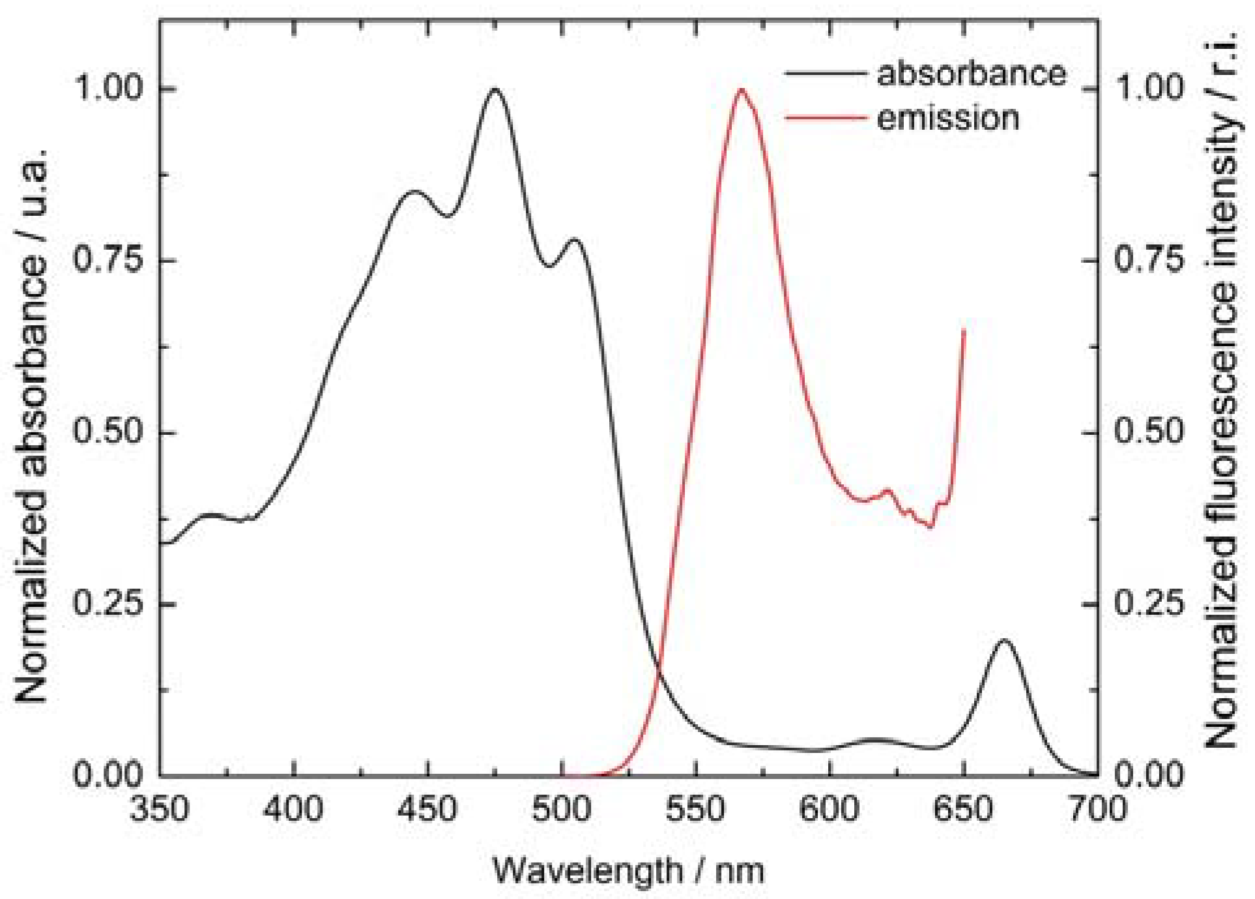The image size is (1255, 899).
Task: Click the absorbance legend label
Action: coord(971,74)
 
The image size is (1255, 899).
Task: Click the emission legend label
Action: coord(947,119)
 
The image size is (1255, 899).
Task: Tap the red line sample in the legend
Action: coord(826,118)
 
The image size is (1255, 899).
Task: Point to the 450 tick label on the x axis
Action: coord(427,810)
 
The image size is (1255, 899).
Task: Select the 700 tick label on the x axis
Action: coord(1097,810)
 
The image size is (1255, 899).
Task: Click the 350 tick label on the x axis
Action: coord(160,810)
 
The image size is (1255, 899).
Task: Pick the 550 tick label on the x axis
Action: coord(696,810)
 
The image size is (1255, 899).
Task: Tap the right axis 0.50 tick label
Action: coord(1148,432)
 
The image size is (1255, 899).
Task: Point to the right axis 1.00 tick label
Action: coord(1148,87)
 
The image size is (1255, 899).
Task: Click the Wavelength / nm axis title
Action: coord(628,870)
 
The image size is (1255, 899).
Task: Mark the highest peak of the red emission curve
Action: coord(742,89)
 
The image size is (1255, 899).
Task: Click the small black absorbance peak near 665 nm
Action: coord(1004,640)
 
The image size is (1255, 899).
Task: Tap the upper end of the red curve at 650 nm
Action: coord(964,331)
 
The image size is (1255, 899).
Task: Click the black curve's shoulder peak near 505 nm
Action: coord(574,239)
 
